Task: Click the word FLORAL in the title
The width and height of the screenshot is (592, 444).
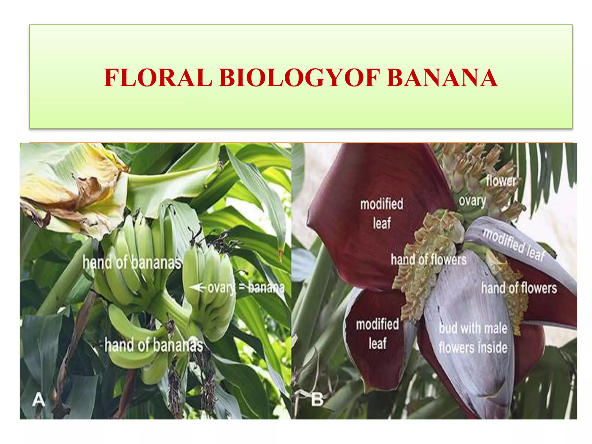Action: coord(158,78)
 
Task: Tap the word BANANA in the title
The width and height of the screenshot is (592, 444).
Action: coord(442,78)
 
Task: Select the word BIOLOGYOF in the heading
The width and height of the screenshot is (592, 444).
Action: coord(299,78)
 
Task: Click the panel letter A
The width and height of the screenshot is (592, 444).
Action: coord(38,400)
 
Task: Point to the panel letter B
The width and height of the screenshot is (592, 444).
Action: coord(317,400)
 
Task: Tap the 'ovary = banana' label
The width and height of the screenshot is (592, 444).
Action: coord(246,288)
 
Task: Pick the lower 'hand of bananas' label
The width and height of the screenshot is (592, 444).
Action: coord(154,345)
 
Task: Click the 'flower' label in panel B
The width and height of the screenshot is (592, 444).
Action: coord(501,181)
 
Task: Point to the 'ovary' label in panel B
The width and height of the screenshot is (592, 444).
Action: coord(472,201)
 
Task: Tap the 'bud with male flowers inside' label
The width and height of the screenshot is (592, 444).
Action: coord(473,338)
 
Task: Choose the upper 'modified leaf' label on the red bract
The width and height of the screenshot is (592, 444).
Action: coord(382,213)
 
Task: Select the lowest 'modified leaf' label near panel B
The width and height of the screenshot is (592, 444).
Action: coord(377,334)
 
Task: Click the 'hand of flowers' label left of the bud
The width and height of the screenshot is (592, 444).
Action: coord(428,259)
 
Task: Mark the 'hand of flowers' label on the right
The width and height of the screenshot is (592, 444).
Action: coord(519,288)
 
